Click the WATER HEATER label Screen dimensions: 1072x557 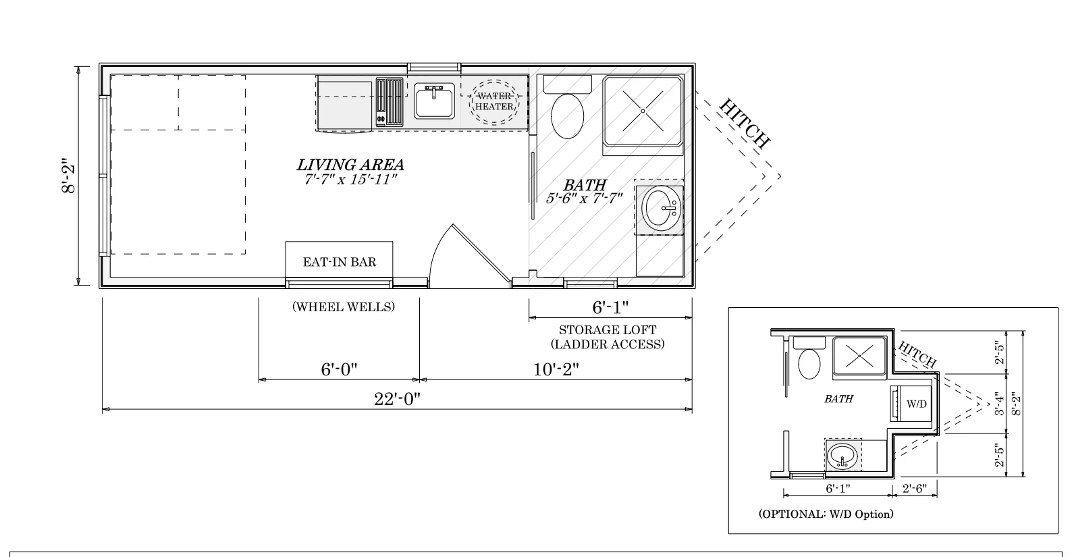(x=494, y=101)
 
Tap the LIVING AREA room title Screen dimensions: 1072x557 (x=350, y=165)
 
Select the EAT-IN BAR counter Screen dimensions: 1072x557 (x=340, y=261)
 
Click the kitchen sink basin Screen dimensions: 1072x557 (x=434, y=101)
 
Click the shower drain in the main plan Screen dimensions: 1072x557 (x=643, y=111)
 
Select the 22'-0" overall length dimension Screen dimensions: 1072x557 (x=397, y=398)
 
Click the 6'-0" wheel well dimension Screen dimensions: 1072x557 (x=339, y=369)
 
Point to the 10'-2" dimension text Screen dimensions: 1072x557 (x=556, y=369)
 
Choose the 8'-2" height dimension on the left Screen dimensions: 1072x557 (x=68, y=176)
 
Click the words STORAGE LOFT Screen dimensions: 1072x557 (x=608, y=329)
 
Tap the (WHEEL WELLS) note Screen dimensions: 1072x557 (x=344, y=307)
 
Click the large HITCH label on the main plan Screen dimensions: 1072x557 (x=745, y=123)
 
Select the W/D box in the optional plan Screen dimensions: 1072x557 (x=912, y=403)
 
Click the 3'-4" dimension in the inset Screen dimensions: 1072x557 (x=999, y=404)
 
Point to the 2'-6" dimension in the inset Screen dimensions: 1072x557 (x=915, y=488)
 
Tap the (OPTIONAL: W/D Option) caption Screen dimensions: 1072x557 (x=826, y=514)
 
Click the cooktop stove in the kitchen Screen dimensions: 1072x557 (x=390, y=102)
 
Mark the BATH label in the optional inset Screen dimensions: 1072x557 (x=838, y=398)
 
